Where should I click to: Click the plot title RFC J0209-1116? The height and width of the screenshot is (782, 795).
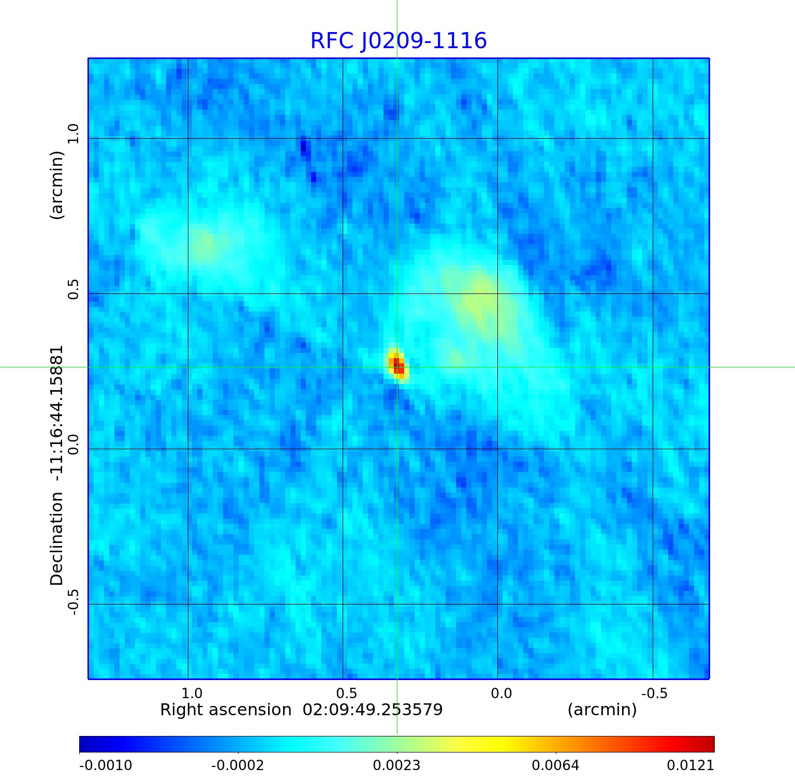pos(399,41)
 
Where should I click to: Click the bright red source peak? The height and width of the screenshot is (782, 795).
pos(397,365)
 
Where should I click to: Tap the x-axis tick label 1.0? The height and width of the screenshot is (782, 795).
pos(192,693)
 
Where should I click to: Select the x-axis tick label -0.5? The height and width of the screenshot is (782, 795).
pos(654,693)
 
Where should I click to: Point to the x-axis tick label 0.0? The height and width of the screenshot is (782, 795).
pos(501,693)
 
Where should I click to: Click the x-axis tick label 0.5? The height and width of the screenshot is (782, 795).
pos(346,693)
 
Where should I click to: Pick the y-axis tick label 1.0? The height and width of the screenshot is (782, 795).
pos(73,134)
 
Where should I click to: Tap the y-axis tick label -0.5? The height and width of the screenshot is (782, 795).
pos(73,602)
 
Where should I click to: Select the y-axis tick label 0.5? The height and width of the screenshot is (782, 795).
pos(73,289)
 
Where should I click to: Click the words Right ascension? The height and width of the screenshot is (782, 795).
pos(226,710)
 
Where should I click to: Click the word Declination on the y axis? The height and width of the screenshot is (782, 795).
pos(56,538)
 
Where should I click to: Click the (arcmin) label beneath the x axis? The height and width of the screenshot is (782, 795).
pos(602,710)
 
